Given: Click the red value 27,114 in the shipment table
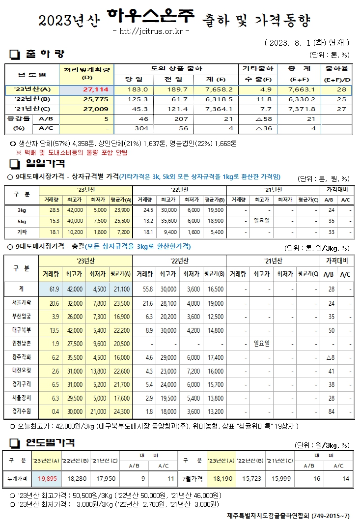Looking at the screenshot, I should coord(99,90).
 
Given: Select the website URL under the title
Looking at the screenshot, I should coord(151,32).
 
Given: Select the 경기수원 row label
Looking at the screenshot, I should coord(20,411).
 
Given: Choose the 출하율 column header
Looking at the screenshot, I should coord(336,68).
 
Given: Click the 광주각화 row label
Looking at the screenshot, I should coord(20,357).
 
